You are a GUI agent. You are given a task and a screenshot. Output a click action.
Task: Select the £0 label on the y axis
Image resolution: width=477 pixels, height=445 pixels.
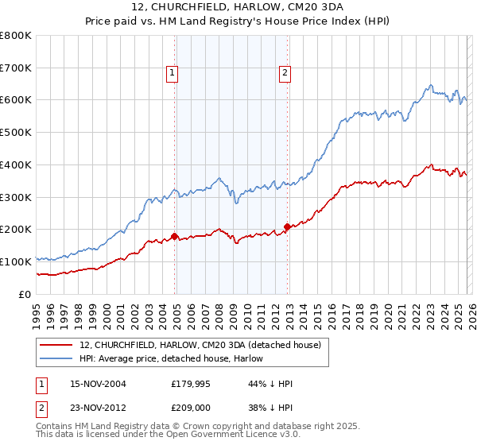(24, 294)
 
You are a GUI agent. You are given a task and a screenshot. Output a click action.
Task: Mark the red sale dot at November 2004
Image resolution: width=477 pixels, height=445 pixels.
(174, 236)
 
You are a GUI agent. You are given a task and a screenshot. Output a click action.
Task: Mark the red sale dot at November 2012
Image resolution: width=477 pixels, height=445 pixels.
(287, 226)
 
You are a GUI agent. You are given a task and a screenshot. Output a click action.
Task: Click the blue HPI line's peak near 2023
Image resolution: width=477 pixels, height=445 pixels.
(430, 85)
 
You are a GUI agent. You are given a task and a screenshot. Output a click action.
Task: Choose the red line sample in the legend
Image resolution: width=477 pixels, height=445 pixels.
(57, 345)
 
